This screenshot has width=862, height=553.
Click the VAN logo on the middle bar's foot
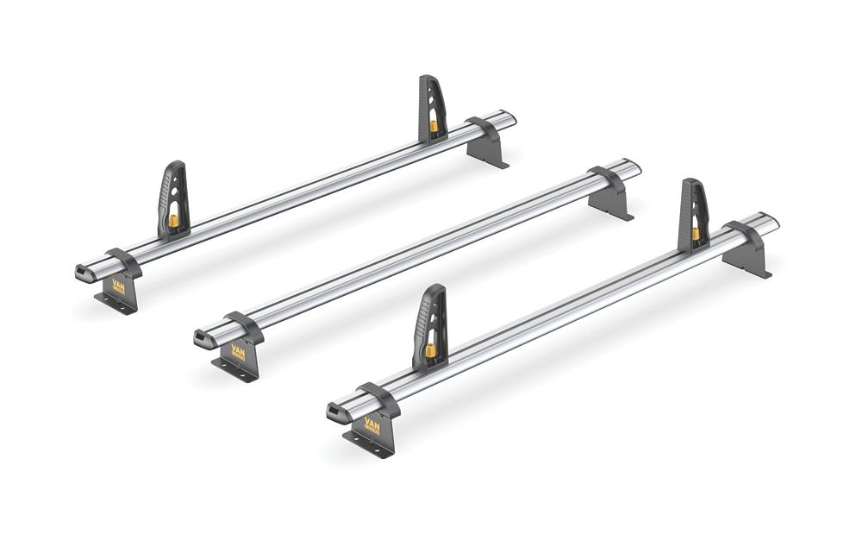click(239, 352)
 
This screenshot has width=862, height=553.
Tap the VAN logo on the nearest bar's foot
click(372, 424)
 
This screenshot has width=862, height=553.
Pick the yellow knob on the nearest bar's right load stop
click(696, 233)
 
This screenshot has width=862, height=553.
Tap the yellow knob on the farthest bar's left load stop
click(173, 222)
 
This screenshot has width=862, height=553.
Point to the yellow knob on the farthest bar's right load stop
click(434, 125)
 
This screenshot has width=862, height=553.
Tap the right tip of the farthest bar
click(511, 116)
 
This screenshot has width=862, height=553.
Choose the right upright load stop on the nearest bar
click(694, 213)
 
